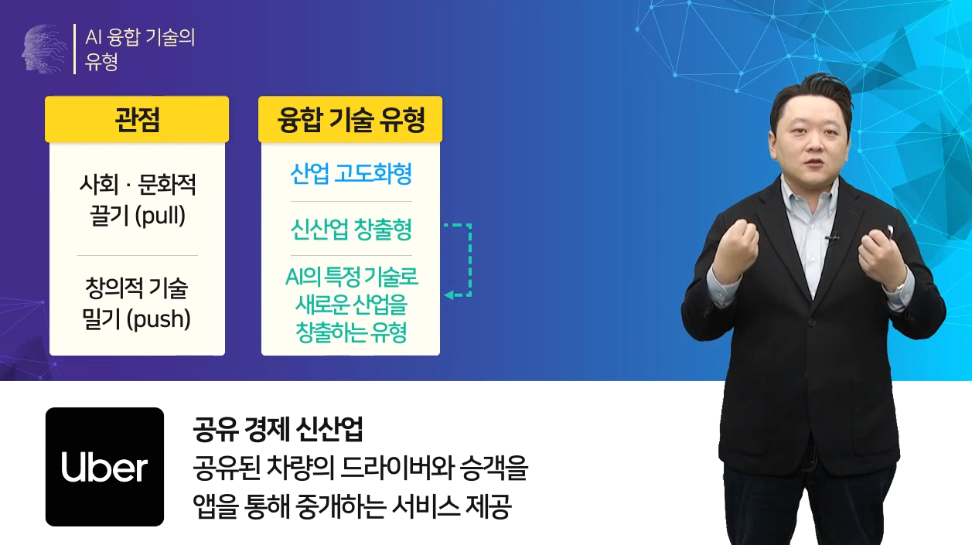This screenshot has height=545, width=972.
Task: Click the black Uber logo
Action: coord(104,466)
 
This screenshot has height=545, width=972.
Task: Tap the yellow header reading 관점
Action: coord(137,119)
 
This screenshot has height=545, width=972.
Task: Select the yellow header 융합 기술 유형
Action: coord(350,119)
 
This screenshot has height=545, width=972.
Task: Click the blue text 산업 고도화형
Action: coord(350,174)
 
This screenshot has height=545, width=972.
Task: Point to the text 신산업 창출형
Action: coord(350,229)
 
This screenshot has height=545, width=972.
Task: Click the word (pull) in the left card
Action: coord(160,215)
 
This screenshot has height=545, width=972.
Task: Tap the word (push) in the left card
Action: coord(159,319)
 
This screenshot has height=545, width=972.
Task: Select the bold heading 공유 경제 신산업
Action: coord(278,430)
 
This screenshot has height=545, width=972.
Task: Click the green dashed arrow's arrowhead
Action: coord(449,295)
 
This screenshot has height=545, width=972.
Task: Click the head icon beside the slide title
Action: coord(44,48)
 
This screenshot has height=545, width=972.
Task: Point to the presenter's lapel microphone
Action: coord(832,238)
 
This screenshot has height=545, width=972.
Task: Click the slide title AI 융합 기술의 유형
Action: coord(140,49)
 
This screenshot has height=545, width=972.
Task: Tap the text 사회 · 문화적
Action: coord(137,184)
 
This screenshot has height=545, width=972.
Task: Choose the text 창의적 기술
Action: coord(136,288)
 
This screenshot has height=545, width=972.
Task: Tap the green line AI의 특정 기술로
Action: coord(352,277)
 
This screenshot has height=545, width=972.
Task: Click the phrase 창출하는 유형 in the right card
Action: coord(351,332)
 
